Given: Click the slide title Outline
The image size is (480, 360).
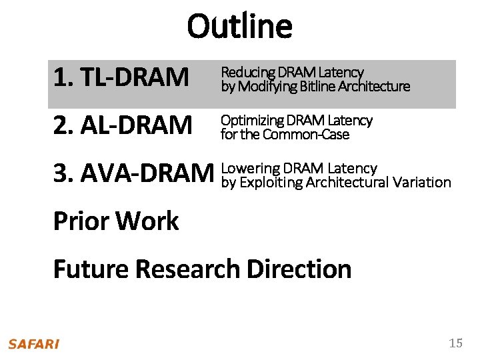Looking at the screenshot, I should tap(239, 27).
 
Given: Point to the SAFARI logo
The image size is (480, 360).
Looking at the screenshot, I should tap(33, 344).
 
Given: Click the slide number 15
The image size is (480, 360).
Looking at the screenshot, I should tap(455, 343).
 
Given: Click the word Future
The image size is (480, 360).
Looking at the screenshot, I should tap(91, 269).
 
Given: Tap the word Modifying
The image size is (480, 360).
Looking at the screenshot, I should tap(267, 86).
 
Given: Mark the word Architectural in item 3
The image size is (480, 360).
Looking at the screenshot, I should tap(347, 182).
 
